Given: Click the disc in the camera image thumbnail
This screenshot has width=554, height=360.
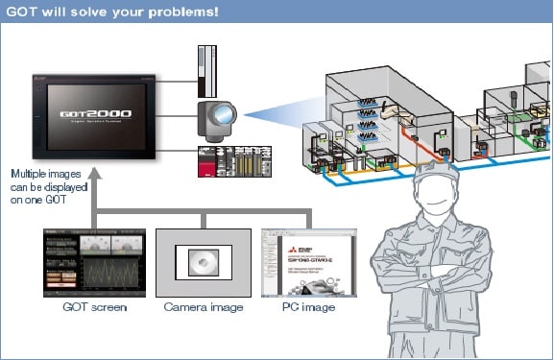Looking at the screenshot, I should (201, 263).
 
